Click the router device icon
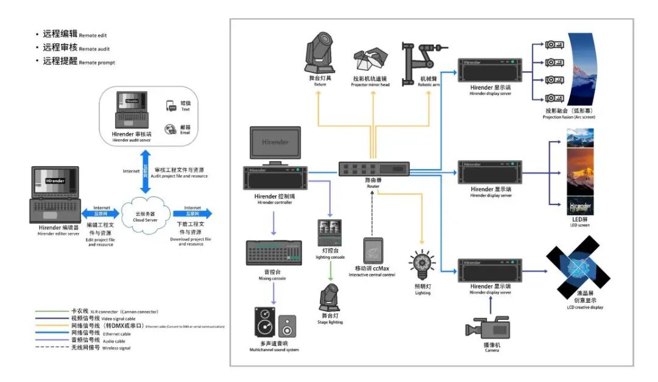coord(374,169)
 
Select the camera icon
coord(485,328)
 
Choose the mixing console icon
coord(274,253)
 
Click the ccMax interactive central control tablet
coord(372,251)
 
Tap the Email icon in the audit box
coord(171,129)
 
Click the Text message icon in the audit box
coord(171,106)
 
